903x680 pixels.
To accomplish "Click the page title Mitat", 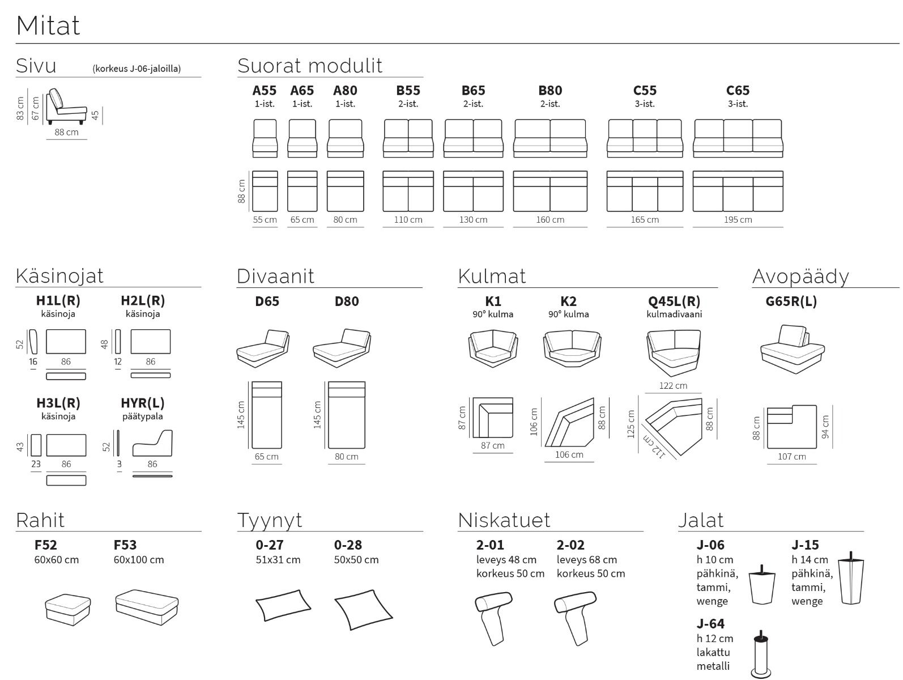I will pyautogui.click(x=48, y=25).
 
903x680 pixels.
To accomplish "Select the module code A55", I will pyautogui.click(x=265, y=91).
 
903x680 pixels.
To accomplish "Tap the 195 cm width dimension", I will pyautogui.click(x=738, y=220).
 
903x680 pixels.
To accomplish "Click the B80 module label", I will pyautogui.click(x=550, y=91).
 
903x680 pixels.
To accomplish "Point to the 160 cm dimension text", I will pyautogui.click(x=550, y=220).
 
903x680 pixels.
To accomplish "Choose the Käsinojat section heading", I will pyautogui.click(x=59, y=276).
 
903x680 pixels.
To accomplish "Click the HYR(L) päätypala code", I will pyautogui.click(x=143, y=403).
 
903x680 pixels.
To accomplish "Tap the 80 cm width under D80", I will pyautogui.click(x=346, y=457).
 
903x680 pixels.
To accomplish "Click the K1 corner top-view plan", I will pyautogui.click(x=492, y=417).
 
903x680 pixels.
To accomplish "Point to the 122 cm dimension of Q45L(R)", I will pyautogui.click(x=673, y=386).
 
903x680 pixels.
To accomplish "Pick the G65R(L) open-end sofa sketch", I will pyautogui.click(x=792, y=350).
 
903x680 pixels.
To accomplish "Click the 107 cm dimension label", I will pyautogui.click(x=791, y=457).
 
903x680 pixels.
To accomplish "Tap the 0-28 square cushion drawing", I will pyautogui.click(x=363, y=609).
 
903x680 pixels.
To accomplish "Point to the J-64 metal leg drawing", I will pyautogui.click(x=761, y=654).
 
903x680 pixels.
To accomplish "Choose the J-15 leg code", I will pyautogui.click(x=805, y=545).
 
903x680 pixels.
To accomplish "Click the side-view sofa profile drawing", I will pyautogui.click(x=66, y=107).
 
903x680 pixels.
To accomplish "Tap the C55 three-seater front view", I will pyautogui.click(x=645, y=138).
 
